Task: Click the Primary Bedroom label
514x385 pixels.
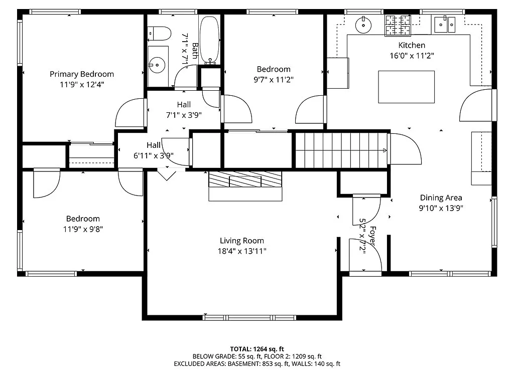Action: pos(82,74)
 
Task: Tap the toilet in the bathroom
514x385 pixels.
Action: pos(158,33)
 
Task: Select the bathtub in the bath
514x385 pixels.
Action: pos(210,40)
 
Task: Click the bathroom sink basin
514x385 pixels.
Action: pos(158,64)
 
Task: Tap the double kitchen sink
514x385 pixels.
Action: pos(444,24)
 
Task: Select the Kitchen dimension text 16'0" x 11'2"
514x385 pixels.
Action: pos(412,56)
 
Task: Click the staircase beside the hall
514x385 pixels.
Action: pos(341,150)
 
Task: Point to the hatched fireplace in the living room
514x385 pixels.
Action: pos(245,179)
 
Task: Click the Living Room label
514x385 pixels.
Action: pos(242,241)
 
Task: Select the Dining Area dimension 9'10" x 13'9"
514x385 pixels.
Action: pos(441,208)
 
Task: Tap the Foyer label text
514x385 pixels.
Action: pos(373,235)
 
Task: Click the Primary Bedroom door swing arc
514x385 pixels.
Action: pos(129,113)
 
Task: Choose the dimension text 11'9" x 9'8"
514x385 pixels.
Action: pos(83,229)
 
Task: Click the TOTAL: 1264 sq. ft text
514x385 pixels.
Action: pos(257,349)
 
